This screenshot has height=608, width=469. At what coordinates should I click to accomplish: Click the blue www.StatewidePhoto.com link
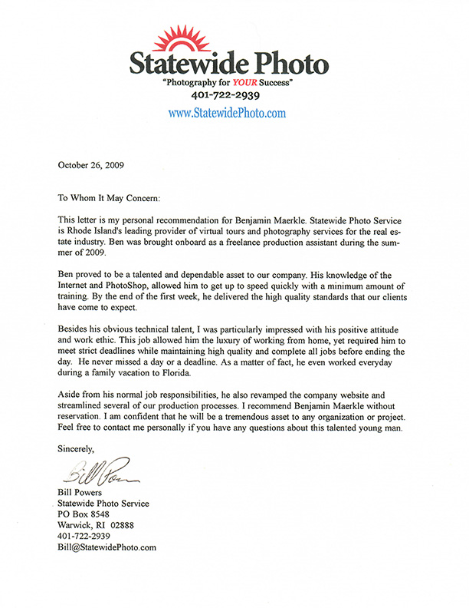click(227, 112)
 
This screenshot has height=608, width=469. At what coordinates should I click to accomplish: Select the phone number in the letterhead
click(227, 96)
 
